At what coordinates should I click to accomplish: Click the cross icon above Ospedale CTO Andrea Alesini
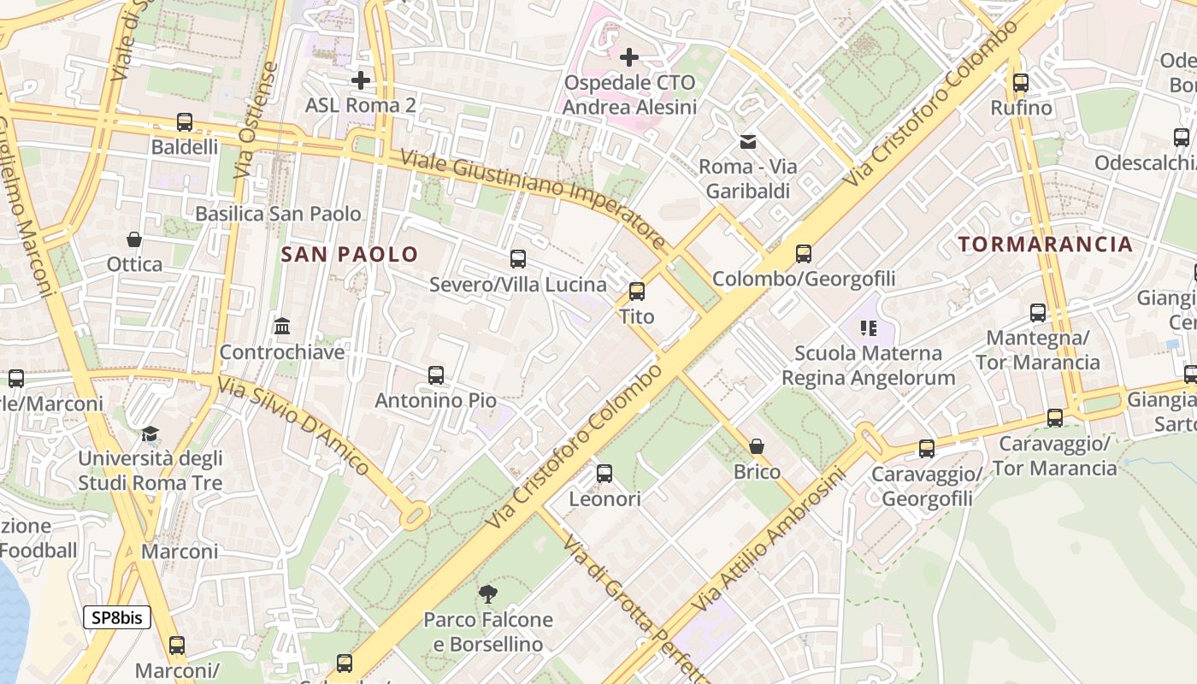pos(629,57)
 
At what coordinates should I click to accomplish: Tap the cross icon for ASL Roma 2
pos(361,80)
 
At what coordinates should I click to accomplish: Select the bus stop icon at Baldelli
pos(185,122)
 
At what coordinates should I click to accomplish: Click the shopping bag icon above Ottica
pos(134,239)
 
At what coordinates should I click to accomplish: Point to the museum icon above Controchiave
pos(282,327)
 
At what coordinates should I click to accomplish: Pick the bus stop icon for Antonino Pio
pos(436,375)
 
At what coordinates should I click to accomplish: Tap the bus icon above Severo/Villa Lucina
pos(518,259)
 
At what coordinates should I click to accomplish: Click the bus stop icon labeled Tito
pos(637,292)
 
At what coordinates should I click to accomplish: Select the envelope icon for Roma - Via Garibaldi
pos(748,141)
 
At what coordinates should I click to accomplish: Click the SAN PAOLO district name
pos(350,254)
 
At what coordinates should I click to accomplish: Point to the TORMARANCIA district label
pos(1045,245)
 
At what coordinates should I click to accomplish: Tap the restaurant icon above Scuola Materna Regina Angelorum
pos(869,328)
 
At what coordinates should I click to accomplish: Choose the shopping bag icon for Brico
pos(757,446)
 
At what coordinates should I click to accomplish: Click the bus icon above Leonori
pos(604,474)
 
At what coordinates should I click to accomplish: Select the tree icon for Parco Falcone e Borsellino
pos(488,594)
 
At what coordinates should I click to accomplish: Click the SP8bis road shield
pos(117,617)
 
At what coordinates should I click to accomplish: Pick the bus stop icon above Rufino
pos(1021,83)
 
